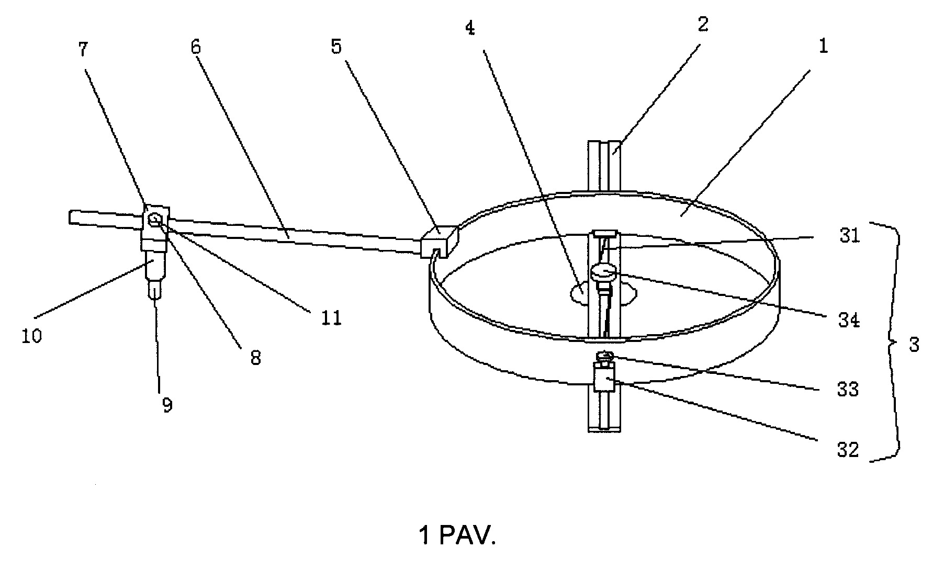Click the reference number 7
tap(83, 51)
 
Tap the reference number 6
tap(196, 48)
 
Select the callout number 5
tap(336, 48)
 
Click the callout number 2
tap(703, 24)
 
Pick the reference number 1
tap(823, 47)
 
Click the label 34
tap(849, 319)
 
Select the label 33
tap(848, 390)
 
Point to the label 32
tap(848, 450)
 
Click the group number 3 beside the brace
tap(914, 345)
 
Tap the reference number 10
tap(31, 336)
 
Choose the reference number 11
tap(331, 317)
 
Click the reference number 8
tap(255, 358)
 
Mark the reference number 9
tap(167, 405)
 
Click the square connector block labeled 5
tap(439, 242)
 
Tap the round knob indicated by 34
tap(604, 272)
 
